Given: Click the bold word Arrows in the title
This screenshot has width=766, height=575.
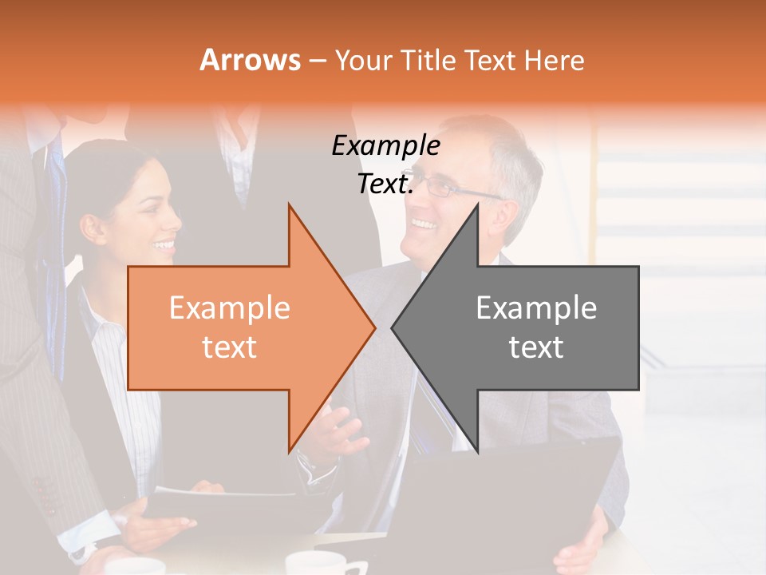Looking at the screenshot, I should (251, 60).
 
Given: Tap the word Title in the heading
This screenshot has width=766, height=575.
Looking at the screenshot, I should (428, 61).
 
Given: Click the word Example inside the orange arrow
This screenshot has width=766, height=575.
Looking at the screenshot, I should (230, 307).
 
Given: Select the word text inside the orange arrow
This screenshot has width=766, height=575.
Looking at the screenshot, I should (230, 347).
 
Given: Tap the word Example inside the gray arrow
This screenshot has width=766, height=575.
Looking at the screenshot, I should (536, 307).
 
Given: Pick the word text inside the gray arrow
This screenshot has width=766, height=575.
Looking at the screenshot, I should (536, 347).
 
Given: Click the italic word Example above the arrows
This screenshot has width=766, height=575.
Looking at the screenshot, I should (385, 146).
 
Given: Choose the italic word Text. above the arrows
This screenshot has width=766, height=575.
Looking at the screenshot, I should (385, 184).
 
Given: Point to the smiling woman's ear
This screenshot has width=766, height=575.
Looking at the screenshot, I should (93, 228).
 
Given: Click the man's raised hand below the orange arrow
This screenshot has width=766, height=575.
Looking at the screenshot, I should (339, 431).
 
